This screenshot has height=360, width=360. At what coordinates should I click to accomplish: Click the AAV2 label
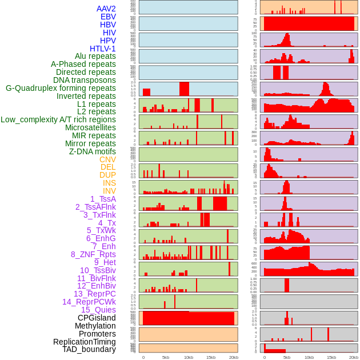pos(106,9)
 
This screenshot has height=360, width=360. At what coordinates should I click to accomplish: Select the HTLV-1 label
pos(102,49)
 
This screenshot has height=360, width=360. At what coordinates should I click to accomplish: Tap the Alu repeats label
pos(95,56)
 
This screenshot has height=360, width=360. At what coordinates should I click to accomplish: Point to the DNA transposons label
pos(84,80)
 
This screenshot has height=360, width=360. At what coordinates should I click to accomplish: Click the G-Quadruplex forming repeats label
pos(61,88)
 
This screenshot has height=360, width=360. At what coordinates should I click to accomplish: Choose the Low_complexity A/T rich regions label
pos(58,119)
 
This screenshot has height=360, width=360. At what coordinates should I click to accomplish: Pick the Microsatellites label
pos(90,127)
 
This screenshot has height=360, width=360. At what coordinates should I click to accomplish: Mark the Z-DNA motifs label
pos(93,151)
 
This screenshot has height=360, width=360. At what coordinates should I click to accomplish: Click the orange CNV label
pos(107,159)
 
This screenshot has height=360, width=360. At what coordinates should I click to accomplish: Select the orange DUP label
pos(107,175)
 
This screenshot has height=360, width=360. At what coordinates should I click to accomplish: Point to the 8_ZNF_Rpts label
pos(93,254)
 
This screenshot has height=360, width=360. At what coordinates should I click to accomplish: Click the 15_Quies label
pos(98,310)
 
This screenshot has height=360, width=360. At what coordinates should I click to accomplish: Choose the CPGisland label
pos(97,318)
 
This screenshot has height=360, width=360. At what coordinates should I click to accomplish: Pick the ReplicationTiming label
pos(84,342)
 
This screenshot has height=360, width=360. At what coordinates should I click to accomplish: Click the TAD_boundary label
pos(89,349)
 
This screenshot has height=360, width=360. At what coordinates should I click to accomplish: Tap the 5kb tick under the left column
pos(165,357)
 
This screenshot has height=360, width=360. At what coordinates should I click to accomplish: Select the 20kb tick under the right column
pos(354,357)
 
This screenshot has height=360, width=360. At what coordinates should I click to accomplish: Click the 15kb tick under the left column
pos(210,357)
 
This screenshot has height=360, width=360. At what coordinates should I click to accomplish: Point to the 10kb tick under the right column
pos(309,357)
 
